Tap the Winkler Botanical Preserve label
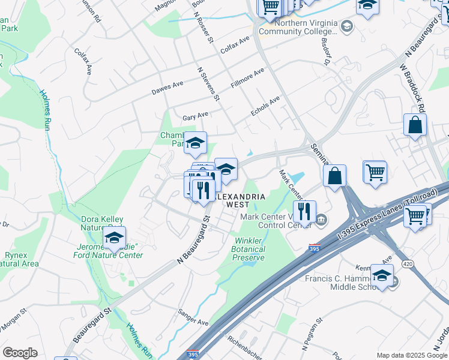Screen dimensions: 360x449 [248, 249]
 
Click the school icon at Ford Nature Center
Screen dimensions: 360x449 [114, 238]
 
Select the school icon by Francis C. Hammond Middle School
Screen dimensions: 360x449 [382, 275]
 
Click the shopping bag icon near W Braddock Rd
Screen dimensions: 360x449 [415, 125]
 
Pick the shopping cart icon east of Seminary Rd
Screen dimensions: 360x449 [375, 172]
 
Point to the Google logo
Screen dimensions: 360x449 [20, 353]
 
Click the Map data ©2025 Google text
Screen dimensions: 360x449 [411, 355]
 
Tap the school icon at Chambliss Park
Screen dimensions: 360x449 [195, 143]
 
